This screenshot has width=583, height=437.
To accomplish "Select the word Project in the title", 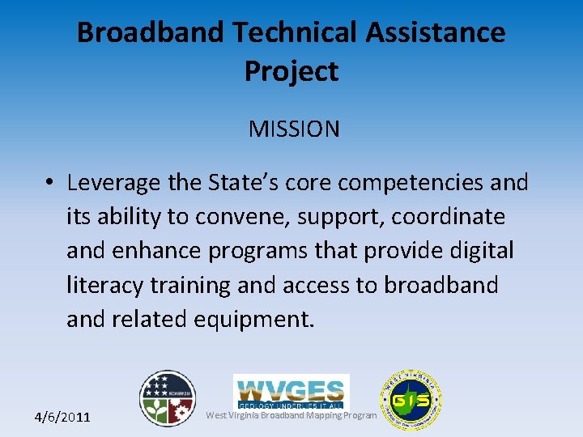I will [291, 72].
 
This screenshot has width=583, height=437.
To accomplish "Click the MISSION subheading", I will [294, 129].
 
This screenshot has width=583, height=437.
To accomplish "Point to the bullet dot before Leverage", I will [50, 184].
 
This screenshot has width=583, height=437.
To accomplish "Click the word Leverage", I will [114, 184].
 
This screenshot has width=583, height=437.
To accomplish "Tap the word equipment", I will [253, 320].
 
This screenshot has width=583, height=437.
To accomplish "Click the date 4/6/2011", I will [62, 418].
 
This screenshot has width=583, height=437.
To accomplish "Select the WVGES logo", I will [291, 390].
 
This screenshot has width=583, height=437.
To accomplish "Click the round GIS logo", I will [411, 400].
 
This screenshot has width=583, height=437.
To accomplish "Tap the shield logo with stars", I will [168, 398].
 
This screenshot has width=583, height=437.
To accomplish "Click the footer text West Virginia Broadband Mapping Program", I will [291, 416].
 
